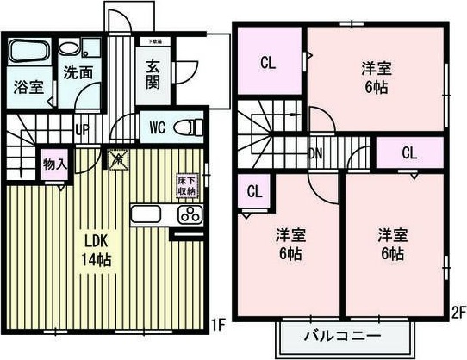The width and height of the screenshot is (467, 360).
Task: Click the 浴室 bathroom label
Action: click(28, 86)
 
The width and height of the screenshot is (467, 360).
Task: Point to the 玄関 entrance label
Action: click(152, 74)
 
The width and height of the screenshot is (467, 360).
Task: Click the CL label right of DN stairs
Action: click(408, 153)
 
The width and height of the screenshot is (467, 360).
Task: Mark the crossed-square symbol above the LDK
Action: click(117, 158)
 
